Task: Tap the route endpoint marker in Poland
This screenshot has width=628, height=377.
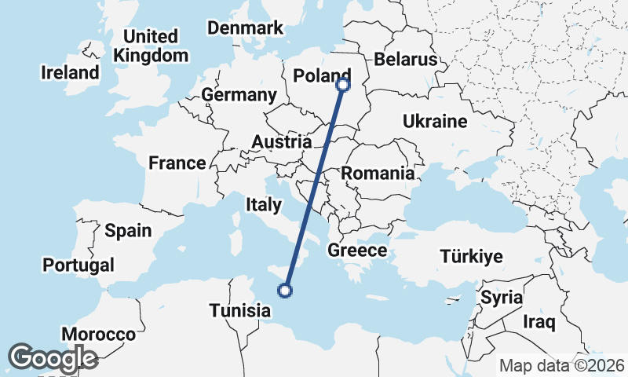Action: (x=343, y=85)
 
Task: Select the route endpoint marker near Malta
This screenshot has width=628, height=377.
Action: (x=285, y=291)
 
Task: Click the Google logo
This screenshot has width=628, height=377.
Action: (x=53, y=358)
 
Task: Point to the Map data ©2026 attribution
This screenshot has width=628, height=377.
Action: (x=562, y=365)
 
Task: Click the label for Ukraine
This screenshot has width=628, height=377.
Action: (x=435, y=121)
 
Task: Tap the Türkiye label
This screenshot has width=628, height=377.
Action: (x=471, y=256)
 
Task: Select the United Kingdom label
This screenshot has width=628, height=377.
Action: (x=151, y=46)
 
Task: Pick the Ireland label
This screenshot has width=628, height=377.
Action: (x=70, y=72)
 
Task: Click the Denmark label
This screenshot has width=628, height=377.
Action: (x=245, y=28)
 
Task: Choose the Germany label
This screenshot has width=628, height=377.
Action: (x=239, y=95)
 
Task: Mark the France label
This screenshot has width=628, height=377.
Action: (x=177, y=163)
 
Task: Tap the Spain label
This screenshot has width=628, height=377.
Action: (x=128, y=230)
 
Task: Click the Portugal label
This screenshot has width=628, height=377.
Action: (x=78, y=265)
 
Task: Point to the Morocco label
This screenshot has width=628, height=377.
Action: (x=98, y=334)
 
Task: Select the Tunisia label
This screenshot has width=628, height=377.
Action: (x=239, y=310)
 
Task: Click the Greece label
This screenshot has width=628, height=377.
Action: (x=357, y=251)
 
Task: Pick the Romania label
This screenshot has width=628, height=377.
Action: (x=378, y=174)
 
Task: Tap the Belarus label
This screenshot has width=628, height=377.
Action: (x=405, y=59)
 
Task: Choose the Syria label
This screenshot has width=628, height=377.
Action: (x=501, y=298)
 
